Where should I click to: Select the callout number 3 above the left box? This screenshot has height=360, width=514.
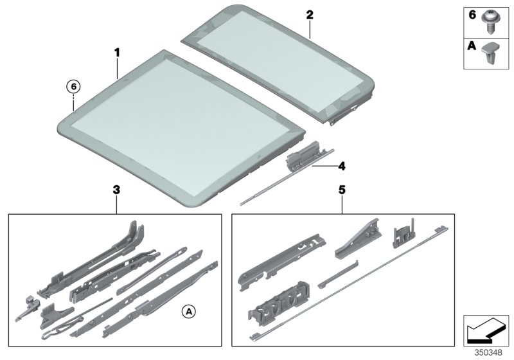(116, 190)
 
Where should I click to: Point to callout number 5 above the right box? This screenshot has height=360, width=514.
(342, 190)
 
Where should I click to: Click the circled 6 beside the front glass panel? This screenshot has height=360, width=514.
(74, 86)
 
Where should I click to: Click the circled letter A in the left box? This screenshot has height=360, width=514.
(188, 312)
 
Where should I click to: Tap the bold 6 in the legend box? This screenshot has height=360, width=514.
(472, 14)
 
